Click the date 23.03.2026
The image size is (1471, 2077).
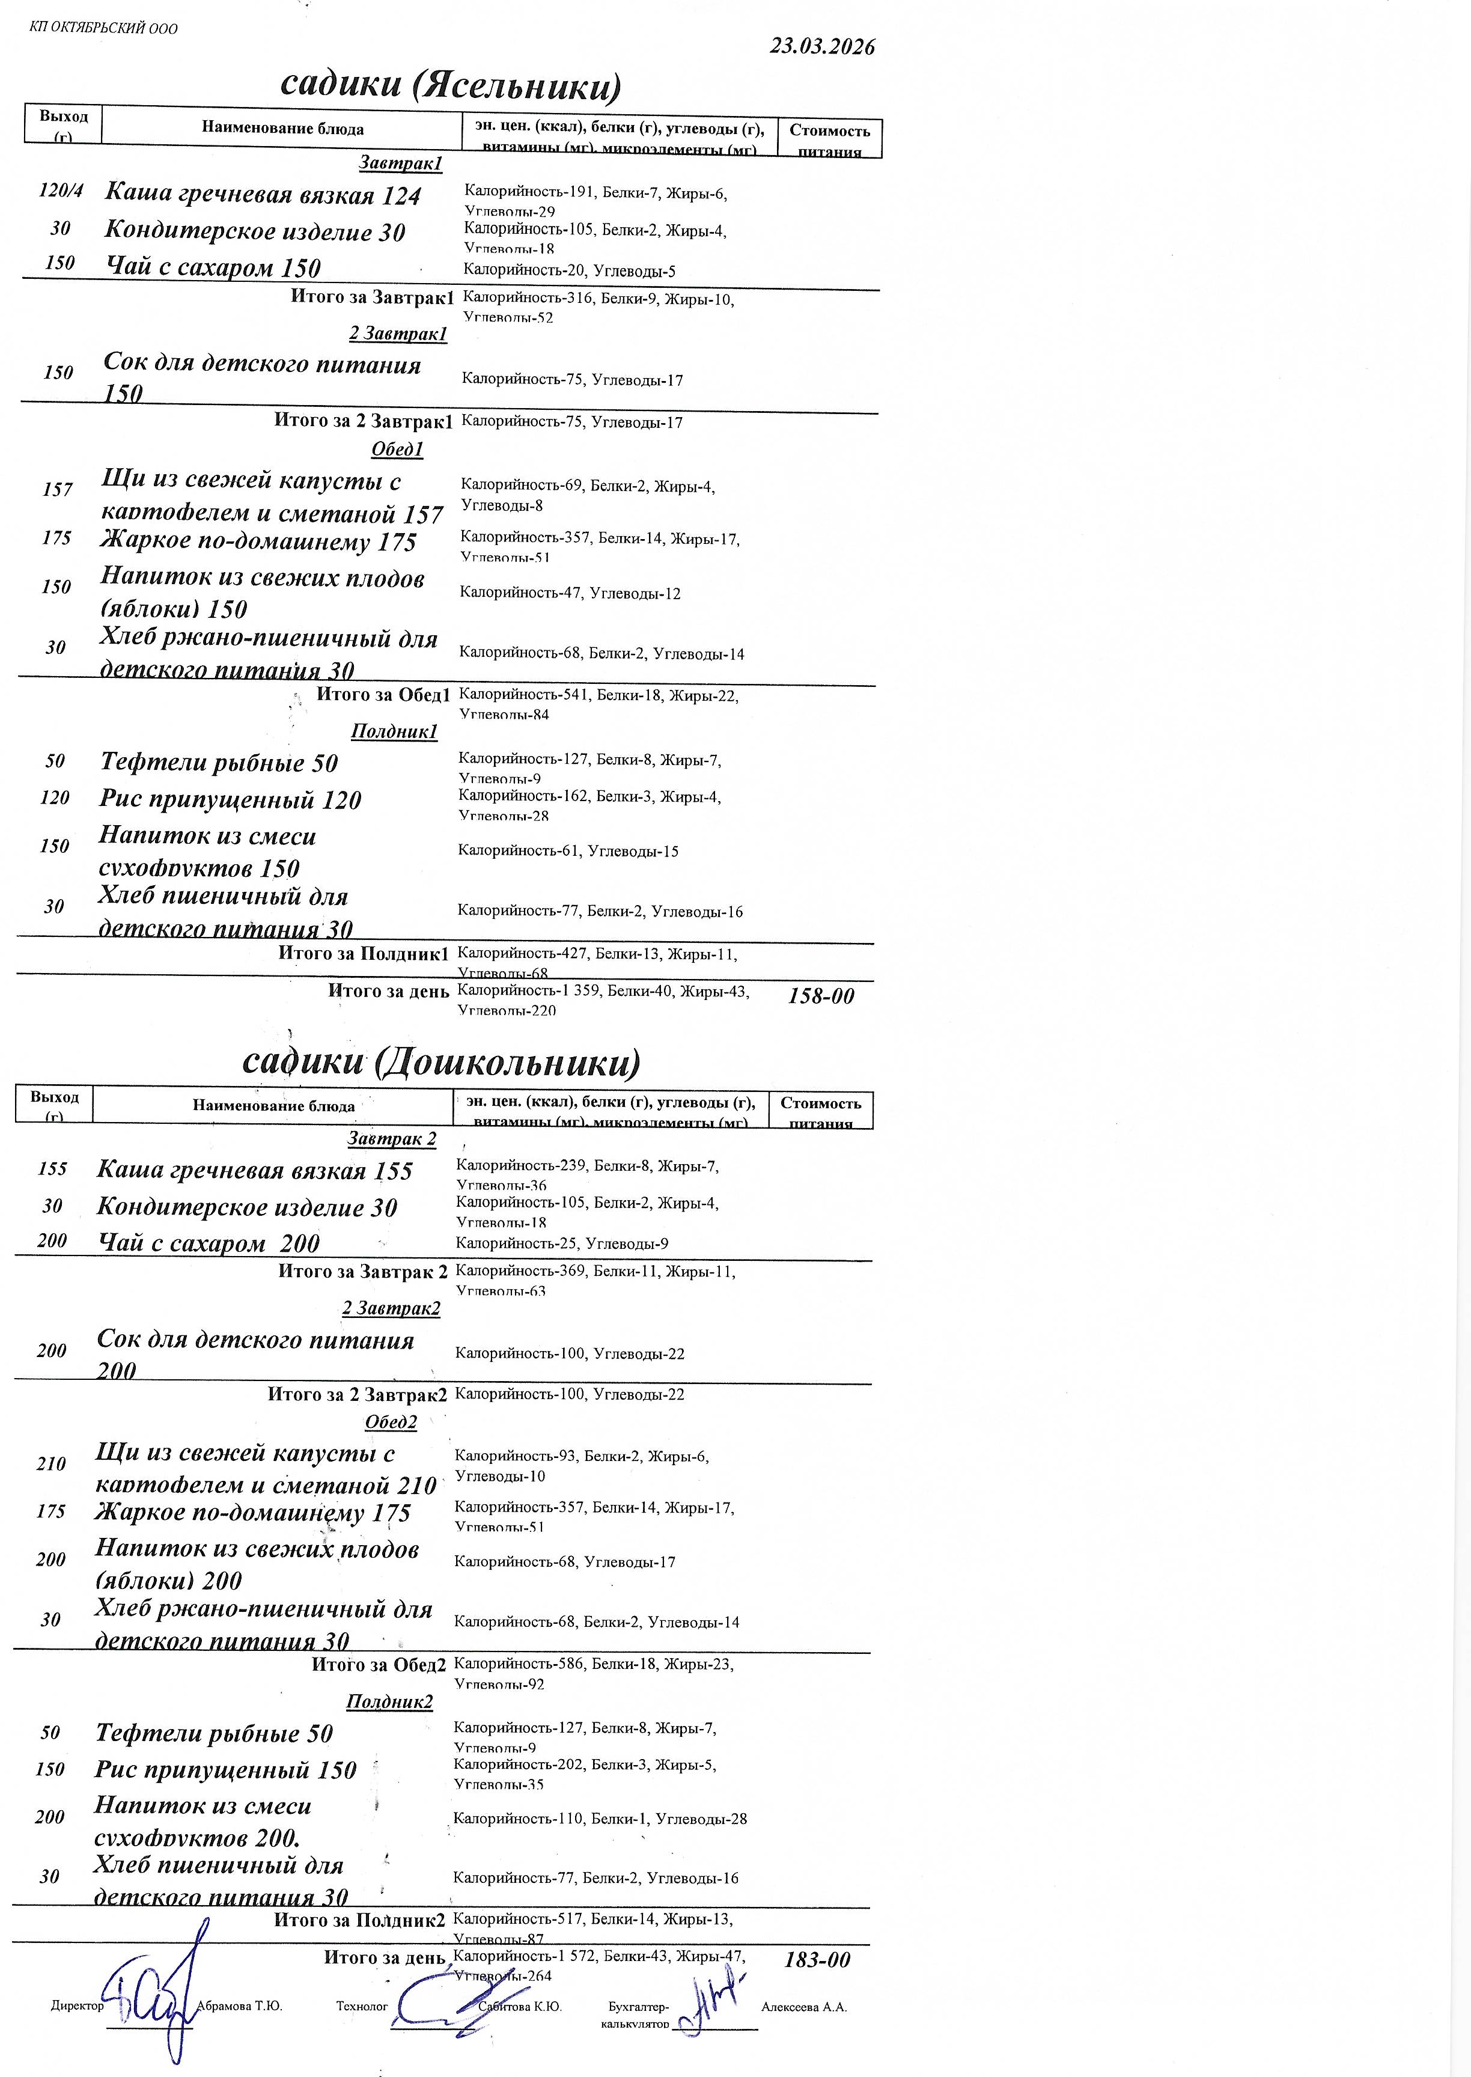point(821,47)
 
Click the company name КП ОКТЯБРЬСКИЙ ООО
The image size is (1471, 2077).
point(104,28)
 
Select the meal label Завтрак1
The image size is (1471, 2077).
point(400,163)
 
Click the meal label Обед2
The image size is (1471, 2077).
point(391,1422)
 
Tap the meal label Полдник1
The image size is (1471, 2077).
point(395,731)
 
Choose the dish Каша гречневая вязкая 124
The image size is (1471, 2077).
point(263,195)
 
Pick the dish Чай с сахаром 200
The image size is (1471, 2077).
point(209,1243)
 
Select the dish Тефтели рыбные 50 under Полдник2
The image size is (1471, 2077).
point(214,1733)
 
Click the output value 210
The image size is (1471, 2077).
point(52,1464)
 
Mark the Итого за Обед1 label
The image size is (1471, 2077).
point(383,695)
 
